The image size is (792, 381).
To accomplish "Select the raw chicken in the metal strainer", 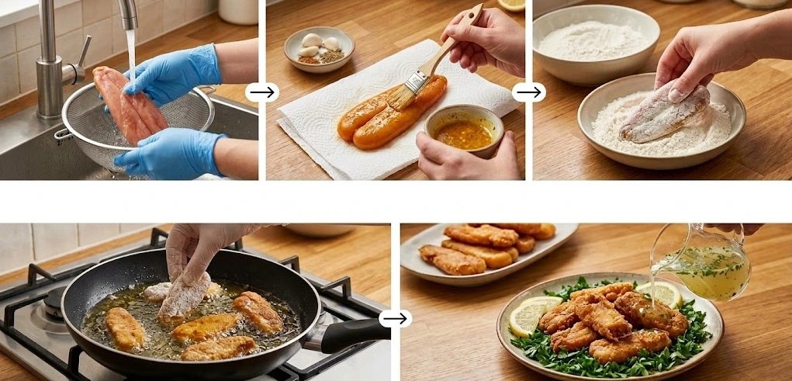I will click(129, 106).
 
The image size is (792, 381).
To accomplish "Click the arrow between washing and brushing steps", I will click(262, 92).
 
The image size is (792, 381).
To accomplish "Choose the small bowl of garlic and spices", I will click(319, 48).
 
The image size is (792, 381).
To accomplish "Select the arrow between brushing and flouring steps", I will click(529, 92).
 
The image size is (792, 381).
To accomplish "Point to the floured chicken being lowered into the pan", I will click(185, 296).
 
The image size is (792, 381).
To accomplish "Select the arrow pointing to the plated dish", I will click(395, 318).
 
